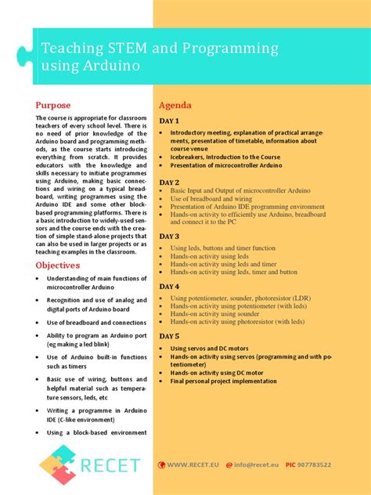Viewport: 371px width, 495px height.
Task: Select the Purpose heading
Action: pyautogui.click(x=53, y=105)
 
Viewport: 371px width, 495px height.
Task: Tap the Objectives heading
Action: pyautogui.click(x=58, y=266)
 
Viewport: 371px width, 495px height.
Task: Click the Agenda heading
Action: pyautogui.click(x=176, y=105)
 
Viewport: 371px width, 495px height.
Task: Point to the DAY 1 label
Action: pyautogui.click(x=170, y=121)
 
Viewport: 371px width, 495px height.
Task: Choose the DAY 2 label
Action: pyautogui.click(x=170, y=182)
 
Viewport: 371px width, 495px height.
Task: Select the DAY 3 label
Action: pyautogui.click(x=170, y=236)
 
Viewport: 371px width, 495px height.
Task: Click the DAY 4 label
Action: pyautogui.click(x=170, y=287)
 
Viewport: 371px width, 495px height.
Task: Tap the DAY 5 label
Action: pyautogui.click(x=170, y=336)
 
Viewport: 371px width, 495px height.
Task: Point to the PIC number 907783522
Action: pyautogui.click(x=319, y=464)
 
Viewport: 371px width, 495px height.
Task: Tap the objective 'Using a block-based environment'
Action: pyautogui.click(x=96, y=432)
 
